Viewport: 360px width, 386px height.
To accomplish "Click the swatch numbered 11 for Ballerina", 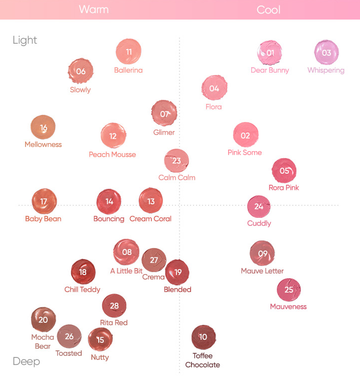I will click(x=129, y=52).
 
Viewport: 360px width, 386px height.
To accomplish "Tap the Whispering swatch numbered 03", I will click(x=326, y=53).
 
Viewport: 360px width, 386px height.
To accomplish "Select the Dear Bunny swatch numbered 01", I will click(x=270, y=53).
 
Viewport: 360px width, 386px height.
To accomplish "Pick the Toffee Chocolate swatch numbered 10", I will click(x=203, y=337).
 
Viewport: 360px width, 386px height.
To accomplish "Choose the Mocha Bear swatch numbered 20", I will click(x=43, y=320).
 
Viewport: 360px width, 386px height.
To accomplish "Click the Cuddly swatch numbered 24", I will click(x=259, y=206).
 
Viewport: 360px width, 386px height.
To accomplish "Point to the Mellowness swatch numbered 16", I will click(x=43, y=127).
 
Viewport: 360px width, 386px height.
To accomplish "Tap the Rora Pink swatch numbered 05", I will click(x=284, y=171).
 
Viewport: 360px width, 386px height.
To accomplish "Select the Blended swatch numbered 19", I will click(x=177, y=272).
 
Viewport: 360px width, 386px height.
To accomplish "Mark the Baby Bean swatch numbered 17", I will click(x=44, y=201).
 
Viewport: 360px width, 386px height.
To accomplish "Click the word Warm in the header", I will click(x=93, y=10).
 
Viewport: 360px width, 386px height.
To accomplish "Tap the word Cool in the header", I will click(x=268, y=10).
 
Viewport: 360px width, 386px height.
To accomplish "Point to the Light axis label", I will click(x=25, y=40).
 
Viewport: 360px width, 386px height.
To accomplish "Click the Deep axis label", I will click(x=26, y=361).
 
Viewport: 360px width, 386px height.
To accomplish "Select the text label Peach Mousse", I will click(x=112, y=155).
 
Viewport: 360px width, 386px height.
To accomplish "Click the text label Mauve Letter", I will click(x=262, y=271).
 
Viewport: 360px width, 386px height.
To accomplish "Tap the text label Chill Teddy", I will click(x=82, y=290).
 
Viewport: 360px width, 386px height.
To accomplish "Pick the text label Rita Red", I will click(x=114, y=323).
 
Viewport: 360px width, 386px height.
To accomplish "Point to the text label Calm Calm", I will click(x=177, y=178).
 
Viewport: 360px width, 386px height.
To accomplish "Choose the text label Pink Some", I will click(x=245, y=153).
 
